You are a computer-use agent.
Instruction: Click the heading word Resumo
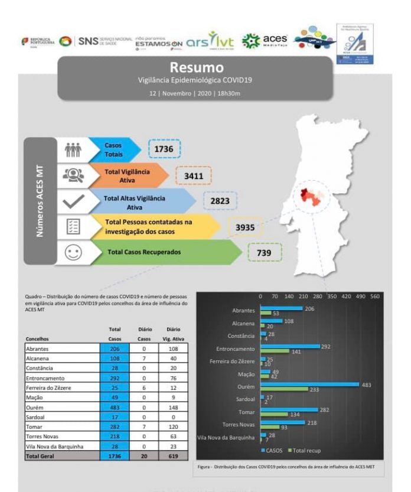coord(197,67)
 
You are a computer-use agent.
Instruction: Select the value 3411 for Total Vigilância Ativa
coord(193,176)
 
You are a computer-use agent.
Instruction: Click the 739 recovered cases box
coord(265,252)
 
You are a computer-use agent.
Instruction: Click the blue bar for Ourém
coord(309,385)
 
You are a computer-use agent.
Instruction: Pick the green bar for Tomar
coord(274,415)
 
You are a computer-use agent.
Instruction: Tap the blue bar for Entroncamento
coord(289,347)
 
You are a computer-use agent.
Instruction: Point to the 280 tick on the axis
coord(317,296)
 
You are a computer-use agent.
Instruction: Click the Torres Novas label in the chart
coord(239,425)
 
